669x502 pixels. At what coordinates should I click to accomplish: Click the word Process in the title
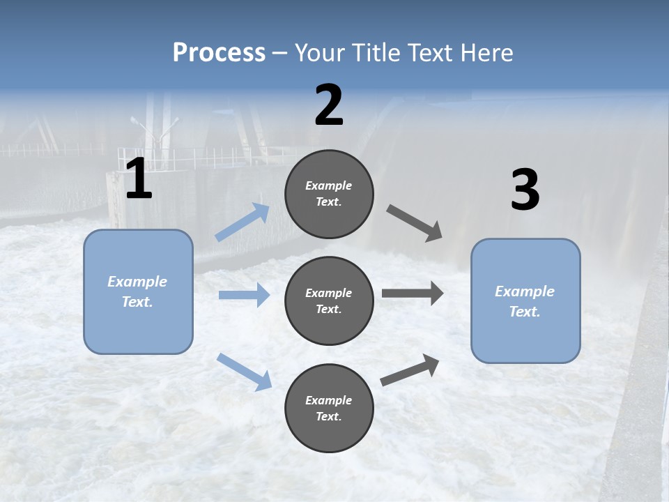coord(219,52)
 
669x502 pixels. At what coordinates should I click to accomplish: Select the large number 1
coord(139,179)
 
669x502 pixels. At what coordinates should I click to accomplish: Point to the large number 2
coord(329,105)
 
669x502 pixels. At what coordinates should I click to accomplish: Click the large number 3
coord(525,190)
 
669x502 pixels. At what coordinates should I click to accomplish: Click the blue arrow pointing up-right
coord(243,222)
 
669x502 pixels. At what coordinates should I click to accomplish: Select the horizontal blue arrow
coord(244,295)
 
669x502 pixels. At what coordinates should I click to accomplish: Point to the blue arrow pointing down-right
coord(244,371)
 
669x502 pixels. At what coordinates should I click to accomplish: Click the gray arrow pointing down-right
coord(415,223)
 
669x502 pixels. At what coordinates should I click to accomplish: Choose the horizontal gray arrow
coord(413,294)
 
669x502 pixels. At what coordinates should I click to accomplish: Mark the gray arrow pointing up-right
coord(410,370)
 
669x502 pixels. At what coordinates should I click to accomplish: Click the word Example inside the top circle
coord(329,185)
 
